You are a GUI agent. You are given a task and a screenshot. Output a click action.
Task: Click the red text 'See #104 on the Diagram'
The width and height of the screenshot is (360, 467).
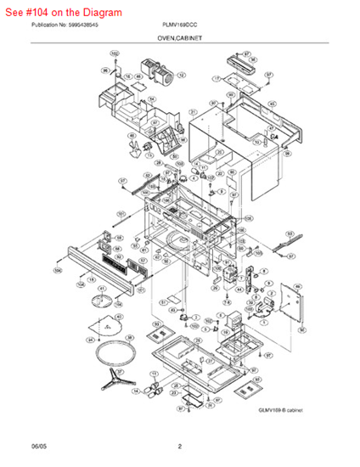(63, 13)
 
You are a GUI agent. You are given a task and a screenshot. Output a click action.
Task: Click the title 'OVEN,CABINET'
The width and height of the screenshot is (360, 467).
(179, 40)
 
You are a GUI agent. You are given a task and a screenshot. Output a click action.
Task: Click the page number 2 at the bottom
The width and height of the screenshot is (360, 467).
(179, 446)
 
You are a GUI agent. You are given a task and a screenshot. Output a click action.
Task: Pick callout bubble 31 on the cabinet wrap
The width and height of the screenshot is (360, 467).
(194, 112)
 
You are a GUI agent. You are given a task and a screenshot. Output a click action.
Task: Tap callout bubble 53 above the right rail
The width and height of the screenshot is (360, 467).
(289, 233)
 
